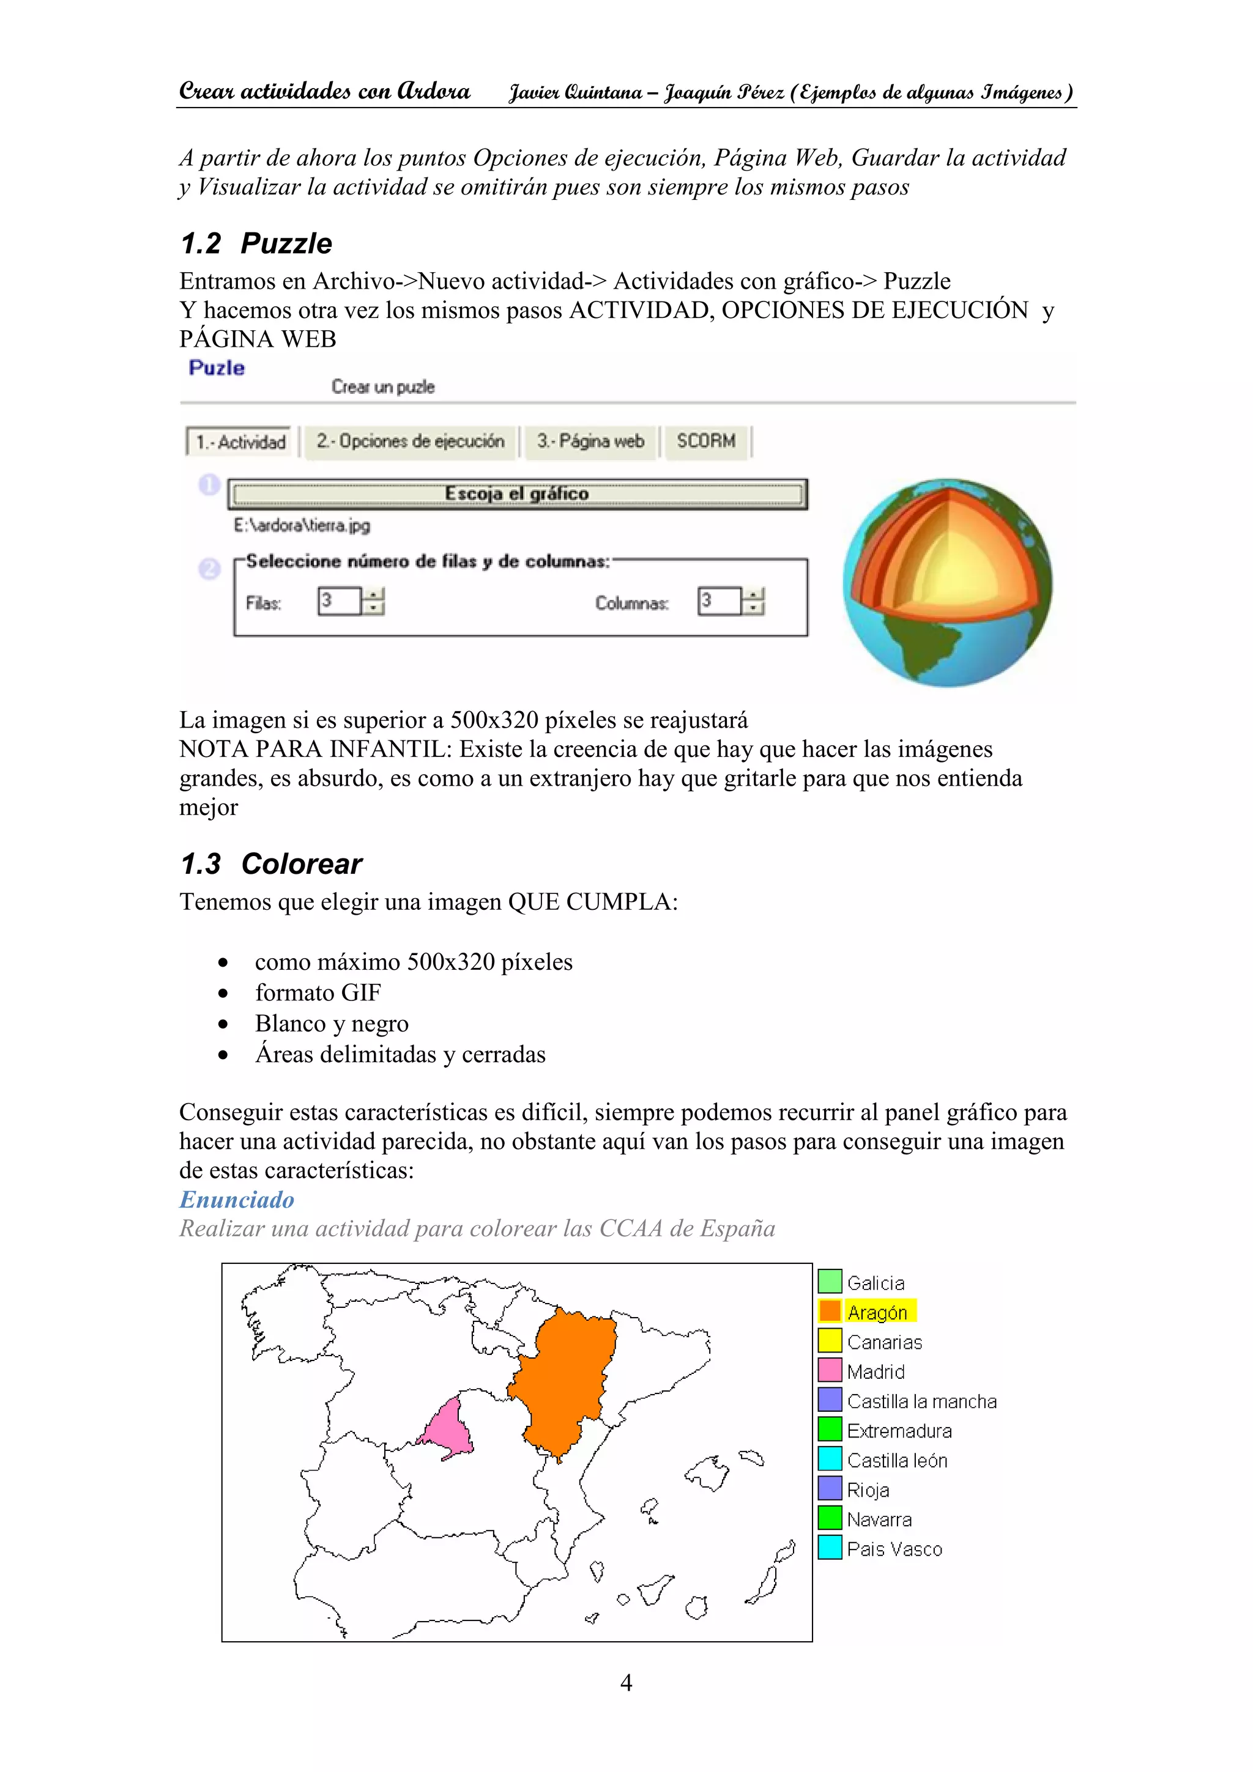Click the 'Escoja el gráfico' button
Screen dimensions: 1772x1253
coord(516,494)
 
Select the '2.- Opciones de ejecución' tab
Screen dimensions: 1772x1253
coord(410,441)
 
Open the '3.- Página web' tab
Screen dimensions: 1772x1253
coord(590,441)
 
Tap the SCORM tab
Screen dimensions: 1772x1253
coord(705,441)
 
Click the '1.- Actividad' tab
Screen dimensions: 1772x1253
coord(240,442)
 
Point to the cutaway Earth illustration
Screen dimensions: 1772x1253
coord(947,583)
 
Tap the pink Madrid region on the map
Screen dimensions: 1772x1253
coord(449,1428)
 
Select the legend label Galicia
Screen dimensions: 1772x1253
coord(876,1283)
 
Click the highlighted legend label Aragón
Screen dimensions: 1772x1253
coord(877,1312)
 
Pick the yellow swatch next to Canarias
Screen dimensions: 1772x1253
coord(829,1342)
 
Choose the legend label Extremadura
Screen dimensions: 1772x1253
coord(899,1431)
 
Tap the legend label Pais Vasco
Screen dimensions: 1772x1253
coord(894,1549)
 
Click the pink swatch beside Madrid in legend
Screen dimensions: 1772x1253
coord(829,1371)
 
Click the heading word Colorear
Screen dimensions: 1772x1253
coord(301,863)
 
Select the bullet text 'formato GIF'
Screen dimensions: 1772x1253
coord(318,992)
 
